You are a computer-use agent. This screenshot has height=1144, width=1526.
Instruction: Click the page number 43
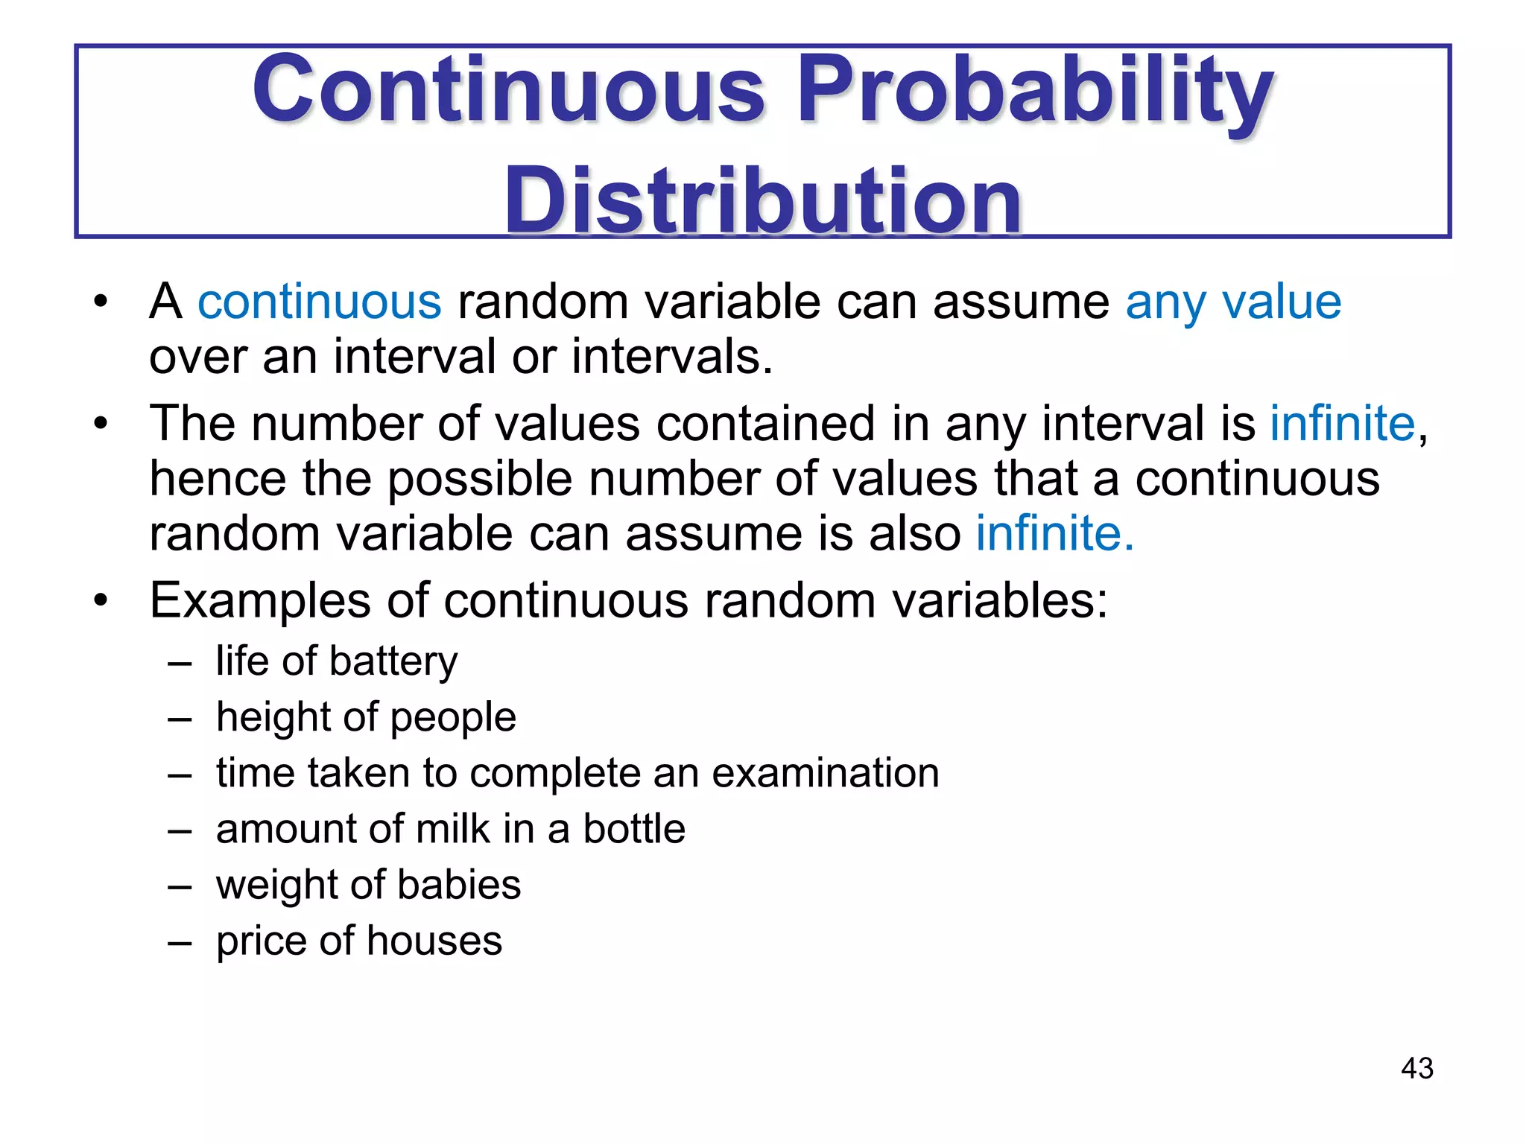(1416, 1068)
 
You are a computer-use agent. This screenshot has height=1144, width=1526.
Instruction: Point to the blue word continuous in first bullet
(320, 302)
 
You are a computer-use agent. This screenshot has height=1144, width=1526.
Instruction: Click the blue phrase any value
(1233, 302)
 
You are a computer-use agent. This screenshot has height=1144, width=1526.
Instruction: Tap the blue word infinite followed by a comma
(1342, 424)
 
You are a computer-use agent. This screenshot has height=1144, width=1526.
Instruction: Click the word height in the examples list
(273, 717)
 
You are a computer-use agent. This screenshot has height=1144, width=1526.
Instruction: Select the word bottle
(634, 829)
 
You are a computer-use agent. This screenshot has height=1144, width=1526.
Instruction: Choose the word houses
(434, 941)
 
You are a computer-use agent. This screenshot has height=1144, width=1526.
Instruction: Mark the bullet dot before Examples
(101, 600)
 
